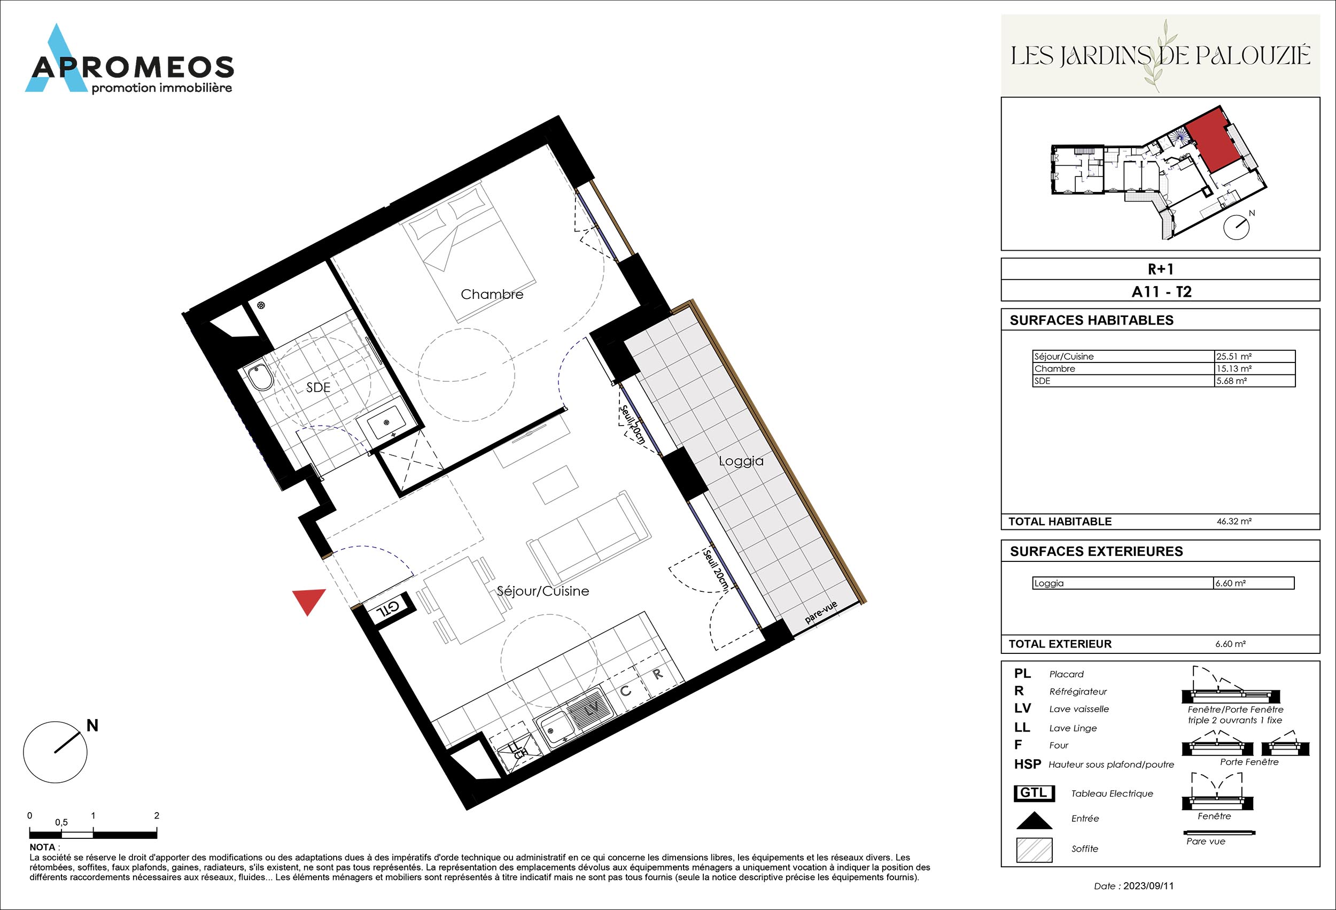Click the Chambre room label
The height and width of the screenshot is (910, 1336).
tap(492, 295)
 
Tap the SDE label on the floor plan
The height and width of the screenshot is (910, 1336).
tap(318, 388)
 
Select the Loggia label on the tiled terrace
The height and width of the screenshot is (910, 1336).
tap(741, 461)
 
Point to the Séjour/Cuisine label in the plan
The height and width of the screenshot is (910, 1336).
tap(542, 591)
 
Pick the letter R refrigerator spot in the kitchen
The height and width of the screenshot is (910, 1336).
tap(658, 674)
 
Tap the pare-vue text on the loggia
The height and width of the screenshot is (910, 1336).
tap(821, 613)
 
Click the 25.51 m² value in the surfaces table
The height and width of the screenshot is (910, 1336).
tap(1234, 356)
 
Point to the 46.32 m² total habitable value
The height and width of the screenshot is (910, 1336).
tap(1234, 521)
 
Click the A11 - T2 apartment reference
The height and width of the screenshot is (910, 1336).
tap(1161, 291)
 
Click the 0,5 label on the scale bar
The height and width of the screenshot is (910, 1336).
tap(61, 822)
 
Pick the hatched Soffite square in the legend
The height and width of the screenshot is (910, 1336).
tap(1034, 850)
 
